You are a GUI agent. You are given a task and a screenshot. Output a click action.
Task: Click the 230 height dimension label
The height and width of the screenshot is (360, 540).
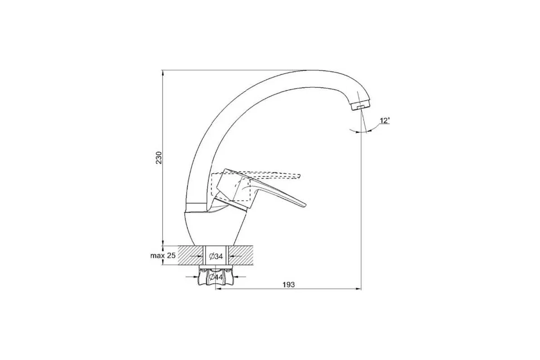(158, 157)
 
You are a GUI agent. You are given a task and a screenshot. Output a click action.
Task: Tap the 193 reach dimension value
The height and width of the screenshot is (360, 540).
(288, 285)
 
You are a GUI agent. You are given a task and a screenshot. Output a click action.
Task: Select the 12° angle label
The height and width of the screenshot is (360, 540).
(385, 121)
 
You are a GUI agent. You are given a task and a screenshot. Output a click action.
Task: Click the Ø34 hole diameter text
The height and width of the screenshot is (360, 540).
(216, 256)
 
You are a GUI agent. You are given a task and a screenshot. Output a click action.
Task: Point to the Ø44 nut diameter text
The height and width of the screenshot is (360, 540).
(216, 277)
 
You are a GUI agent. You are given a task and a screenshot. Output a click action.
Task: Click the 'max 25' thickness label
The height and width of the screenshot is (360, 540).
(163, 256)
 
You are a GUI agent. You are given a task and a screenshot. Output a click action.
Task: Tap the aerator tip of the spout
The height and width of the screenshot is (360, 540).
(360, 106)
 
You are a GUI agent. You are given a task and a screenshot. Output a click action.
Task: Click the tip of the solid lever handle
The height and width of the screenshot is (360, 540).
(306, 206)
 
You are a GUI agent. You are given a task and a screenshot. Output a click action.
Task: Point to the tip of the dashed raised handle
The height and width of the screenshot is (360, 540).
(300, 176)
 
